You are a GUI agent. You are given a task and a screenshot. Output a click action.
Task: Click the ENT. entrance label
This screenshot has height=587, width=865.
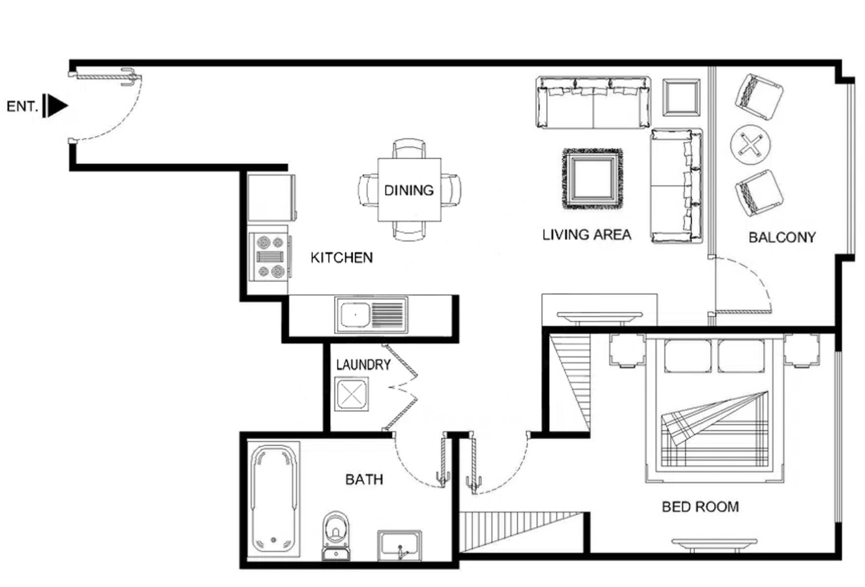click(22, 106)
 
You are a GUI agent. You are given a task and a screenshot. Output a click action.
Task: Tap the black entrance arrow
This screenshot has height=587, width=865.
click(55, 106)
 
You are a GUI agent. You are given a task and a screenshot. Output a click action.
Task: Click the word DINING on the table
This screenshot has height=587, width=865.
click(409, 190)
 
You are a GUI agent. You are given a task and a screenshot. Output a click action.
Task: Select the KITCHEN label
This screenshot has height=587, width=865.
click(342, 258)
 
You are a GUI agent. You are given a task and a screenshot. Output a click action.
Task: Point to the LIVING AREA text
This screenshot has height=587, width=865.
click(586, 234)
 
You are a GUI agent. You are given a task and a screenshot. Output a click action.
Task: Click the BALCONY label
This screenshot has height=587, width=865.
click(782, 237)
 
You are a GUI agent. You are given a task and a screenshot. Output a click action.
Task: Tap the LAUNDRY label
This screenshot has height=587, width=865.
click(363, 365)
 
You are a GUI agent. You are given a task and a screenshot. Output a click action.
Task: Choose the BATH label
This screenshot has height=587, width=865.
click(364, 479)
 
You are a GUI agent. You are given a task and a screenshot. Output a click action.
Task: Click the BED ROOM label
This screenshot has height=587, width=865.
click(701, 507)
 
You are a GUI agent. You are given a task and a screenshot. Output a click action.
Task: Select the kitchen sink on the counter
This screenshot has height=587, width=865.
click(371, 315)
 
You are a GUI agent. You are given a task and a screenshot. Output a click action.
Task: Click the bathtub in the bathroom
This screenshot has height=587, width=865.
click(274, 500)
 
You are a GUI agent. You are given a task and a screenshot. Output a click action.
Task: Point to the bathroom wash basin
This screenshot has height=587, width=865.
click(399, 545)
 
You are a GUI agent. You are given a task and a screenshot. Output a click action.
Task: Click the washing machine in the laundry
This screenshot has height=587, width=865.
click(352, 394)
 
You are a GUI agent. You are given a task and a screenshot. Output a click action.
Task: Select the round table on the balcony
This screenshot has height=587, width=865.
click(750, 145)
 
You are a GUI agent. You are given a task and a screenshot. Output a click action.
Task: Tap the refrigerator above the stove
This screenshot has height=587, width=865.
click(271, 198)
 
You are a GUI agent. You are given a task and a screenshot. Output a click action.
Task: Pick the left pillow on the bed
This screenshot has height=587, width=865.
click(688, 355)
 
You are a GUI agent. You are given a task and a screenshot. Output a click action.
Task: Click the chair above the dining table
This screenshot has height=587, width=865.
click(409, 148)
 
